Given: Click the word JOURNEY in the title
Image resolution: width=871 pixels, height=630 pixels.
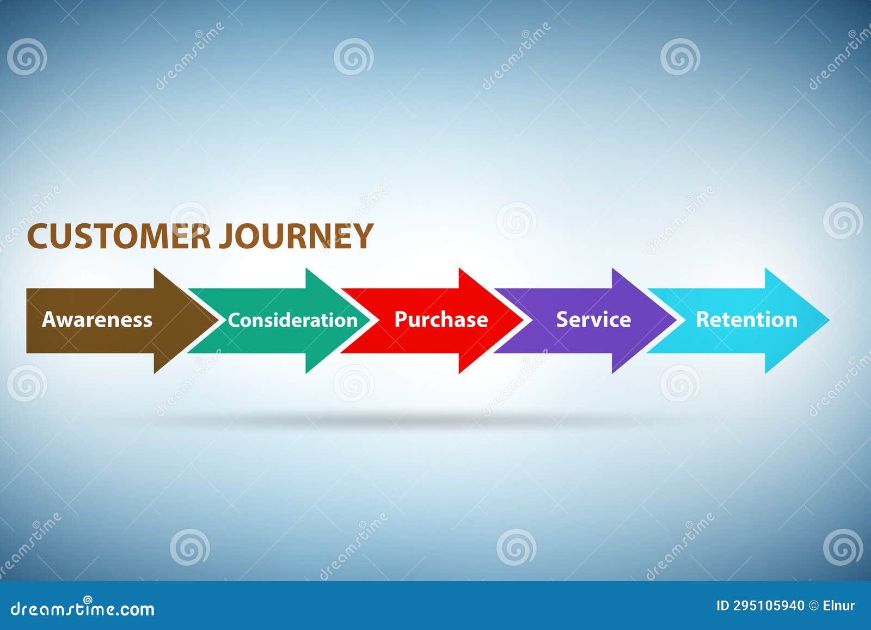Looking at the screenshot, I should [x=296, y=236].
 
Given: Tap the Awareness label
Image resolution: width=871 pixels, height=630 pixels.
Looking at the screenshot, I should [x=97, y=320].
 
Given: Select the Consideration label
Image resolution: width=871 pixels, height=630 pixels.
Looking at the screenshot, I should [x=292, y=320].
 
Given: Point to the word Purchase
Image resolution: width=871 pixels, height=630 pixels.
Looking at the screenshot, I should [x=441, y=320].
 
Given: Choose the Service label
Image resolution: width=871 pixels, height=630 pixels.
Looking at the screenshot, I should [x=593, y=320].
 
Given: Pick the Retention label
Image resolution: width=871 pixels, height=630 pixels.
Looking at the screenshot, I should [x=746, y=320].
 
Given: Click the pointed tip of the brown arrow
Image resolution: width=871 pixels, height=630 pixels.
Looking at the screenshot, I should [x=216, y=320].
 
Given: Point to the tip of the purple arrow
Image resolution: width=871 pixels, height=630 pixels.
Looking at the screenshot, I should [x=676, y=320].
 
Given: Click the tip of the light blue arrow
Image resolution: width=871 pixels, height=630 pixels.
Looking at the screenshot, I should [x=828, y=320].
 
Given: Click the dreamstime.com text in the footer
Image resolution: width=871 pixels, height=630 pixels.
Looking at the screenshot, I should [x=83, y=608].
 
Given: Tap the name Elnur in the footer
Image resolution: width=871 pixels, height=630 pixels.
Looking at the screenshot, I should [x=838, y=605].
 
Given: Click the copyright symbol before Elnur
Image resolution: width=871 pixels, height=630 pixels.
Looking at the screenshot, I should [x=814, y=605].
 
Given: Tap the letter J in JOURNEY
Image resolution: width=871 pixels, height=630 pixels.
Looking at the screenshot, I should [x=226, y=237].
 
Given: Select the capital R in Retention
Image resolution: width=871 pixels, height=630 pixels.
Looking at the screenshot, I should [x=702, y=319].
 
